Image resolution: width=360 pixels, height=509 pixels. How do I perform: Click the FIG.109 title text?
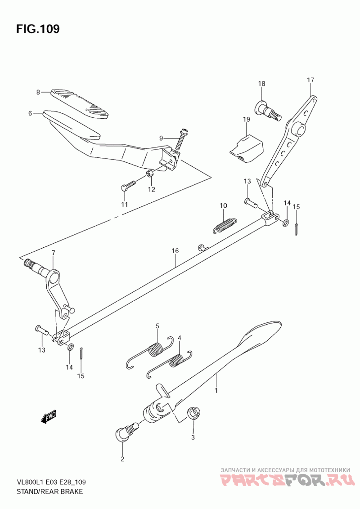[38, 29]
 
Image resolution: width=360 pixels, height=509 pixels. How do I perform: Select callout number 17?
[310, 80]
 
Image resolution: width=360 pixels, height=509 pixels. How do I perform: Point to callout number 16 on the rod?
[175, 251]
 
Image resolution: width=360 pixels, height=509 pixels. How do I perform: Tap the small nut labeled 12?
[150, 174]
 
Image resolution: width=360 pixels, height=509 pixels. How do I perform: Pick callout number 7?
[53, 253]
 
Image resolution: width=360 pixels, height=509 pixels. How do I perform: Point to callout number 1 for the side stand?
[216, 390]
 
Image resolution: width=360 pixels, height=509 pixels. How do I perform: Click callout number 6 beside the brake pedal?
[30, 113]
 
